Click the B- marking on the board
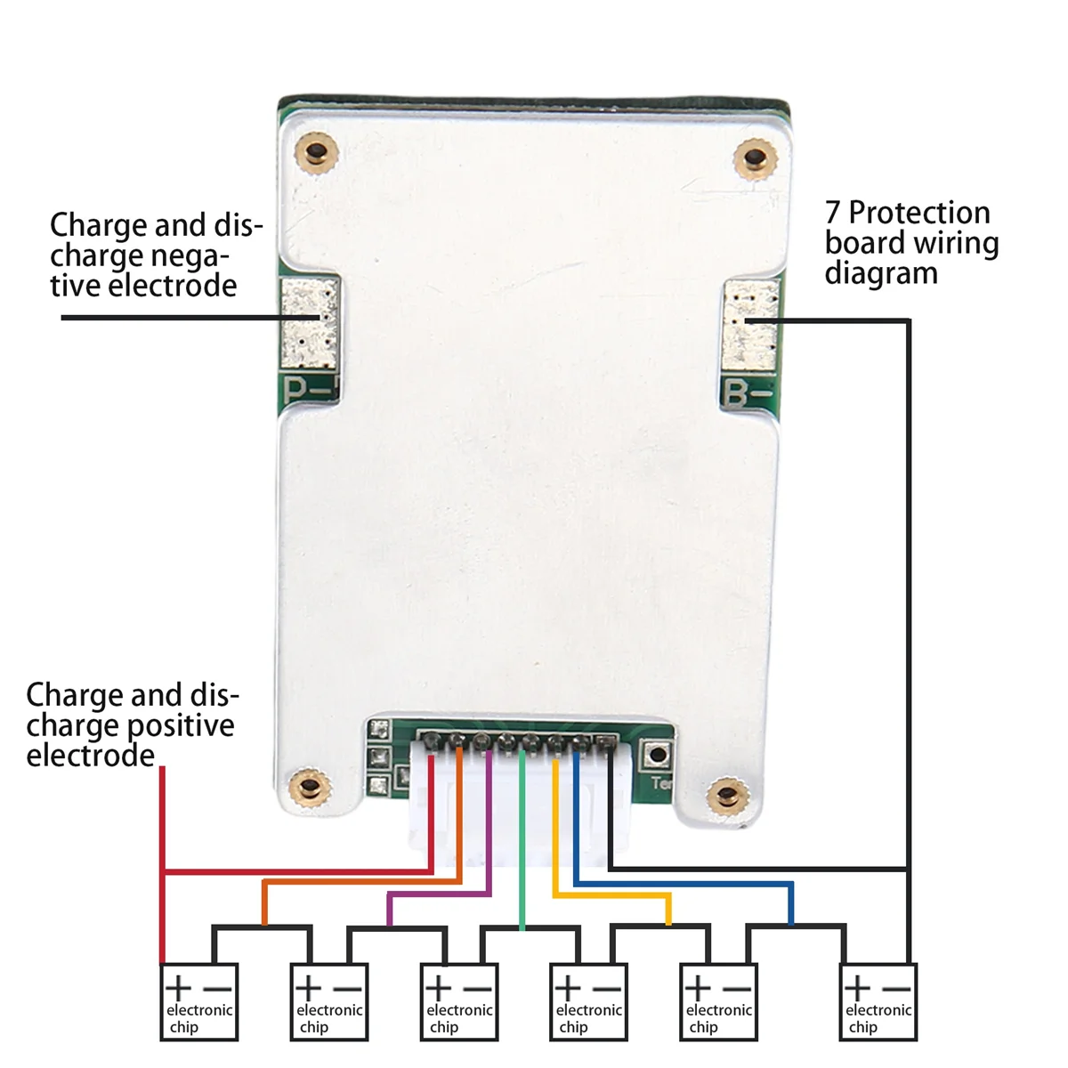pos(748,392)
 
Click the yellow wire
pos(555,837)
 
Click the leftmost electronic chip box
pos(199,1002)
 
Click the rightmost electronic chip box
pos(878,1002)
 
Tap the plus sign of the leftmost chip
pos(178,987)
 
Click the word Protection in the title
pos(918,213)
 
